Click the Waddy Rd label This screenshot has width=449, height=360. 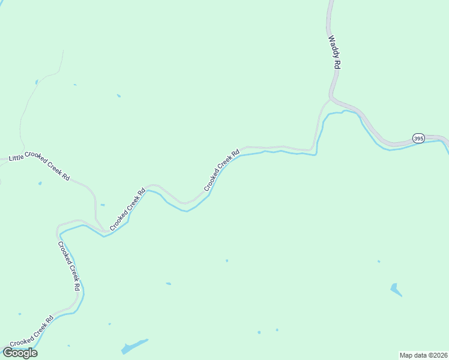click(x=334, y=53)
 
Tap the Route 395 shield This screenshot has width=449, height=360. click(x=418, y=138)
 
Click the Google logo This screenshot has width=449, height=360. click(x=20, y=353)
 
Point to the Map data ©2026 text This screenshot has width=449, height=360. click(x=424, y=355)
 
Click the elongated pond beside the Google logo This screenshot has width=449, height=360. click(x=134, y=347)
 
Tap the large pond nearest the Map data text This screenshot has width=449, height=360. click(x=396, y=290)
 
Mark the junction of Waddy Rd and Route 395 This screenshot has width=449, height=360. click(x=331, y=97)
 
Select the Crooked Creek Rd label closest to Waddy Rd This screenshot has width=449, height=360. click(x=221, y=170)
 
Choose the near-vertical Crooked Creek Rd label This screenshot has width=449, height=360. click(x=68, y=266)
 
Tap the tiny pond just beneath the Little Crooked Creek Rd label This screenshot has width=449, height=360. click(x=40, y=183)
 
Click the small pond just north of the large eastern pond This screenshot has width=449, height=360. click(x=379, y=261)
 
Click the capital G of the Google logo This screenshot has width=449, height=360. click(x=8, y=353)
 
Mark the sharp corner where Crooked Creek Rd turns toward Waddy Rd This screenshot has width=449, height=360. click(x=312, y=149)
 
